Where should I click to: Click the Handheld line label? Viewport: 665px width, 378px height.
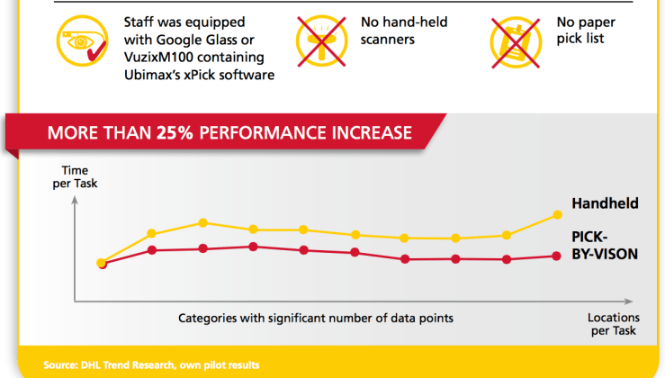(605, 204)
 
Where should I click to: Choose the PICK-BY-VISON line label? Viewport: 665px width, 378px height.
(605, 245)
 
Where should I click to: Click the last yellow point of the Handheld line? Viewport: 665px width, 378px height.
(559, 214)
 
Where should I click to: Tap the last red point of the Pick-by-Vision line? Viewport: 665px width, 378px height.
(559, 256)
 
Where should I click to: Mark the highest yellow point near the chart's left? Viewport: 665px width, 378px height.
(203, 222)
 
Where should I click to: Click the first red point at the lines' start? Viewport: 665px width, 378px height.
(101, 264)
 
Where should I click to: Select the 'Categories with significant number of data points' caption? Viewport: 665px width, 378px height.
(315, 318)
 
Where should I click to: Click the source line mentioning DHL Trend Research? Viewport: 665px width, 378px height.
(151, 364)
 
